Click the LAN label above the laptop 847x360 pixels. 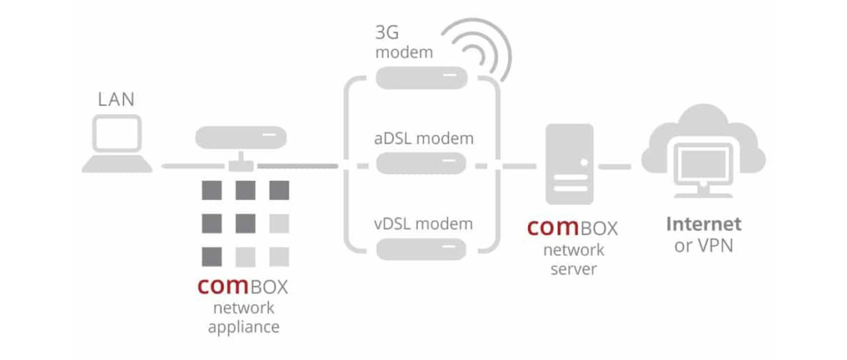116,100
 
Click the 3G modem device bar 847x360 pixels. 422,79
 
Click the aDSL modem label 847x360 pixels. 424,138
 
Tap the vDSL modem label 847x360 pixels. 424,224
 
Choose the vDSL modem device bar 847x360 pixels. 422,247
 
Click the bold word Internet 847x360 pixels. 703,224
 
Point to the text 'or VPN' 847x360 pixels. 703,246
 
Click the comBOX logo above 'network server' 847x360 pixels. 572,227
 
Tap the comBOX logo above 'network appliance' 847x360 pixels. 243,287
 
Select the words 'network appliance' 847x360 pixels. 243,317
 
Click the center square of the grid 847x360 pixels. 244,222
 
